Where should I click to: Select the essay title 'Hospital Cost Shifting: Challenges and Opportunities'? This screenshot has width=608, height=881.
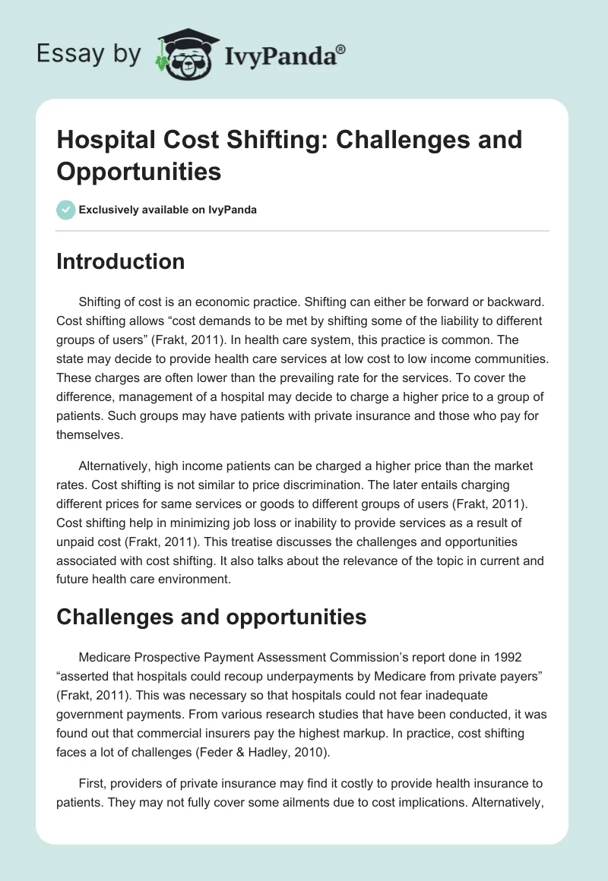tap(289, 155)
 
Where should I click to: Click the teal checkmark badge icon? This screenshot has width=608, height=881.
tap(67, 210)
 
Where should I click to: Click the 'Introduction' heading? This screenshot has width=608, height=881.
tap(120, 261)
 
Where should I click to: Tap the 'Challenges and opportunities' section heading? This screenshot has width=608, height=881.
tap(211, 617)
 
